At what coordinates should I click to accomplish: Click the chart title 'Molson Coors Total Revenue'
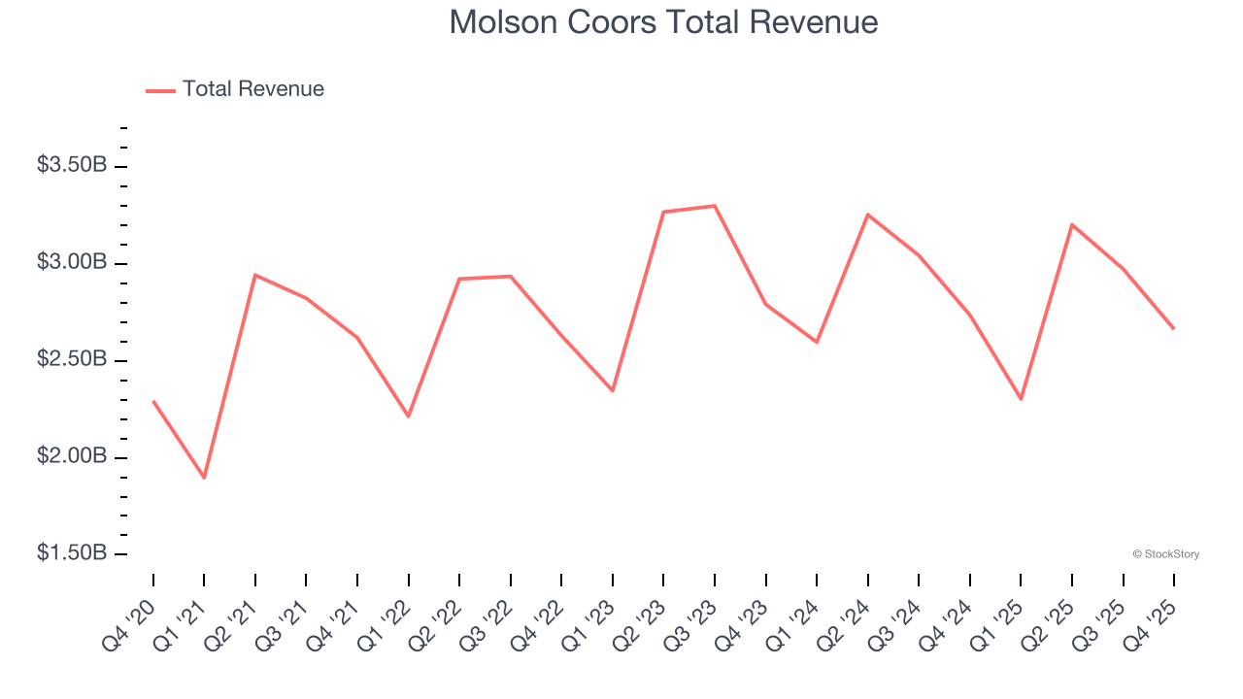pyautogui.click(x=663, y=21)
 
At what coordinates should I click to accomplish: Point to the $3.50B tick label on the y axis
pyautogui.click(x=72, y=165)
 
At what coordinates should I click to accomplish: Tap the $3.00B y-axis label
pyautogui.click(x=72, y=262)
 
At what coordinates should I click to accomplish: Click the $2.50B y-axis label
pyautogui.click(x=72, y=359)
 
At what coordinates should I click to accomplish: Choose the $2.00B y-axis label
pyautogui.click(x=72, y=456)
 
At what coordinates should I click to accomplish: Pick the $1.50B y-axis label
pyautogui.click(x=72, y=553)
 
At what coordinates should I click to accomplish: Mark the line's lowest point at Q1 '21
pyautogui.click(x=204, y=478)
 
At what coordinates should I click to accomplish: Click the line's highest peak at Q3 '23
pyautogui.click(x=715, y=206)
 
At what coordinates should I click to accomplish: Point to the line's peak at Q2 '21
pyautogui.click(x=254, y=275)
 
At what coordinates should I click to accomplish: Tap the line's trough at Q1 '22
pyautogui.click(x=409, y=416)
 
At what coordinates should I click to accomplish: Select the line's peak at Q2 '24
pyautogui.click(x=867, y=215)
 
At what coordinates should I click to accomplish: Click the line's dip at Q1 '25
pyautogui.click(x=1021, y=399)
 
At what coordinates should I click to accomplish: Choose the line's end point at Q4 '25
pyautogui.click(x=1173, y=328)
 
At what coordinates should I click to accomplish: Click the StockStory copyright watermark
pyautogui.click(x=1165, y=554)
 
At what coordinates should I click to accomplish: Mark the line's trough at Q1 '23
pyautogui.click(x=613, y=390)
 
